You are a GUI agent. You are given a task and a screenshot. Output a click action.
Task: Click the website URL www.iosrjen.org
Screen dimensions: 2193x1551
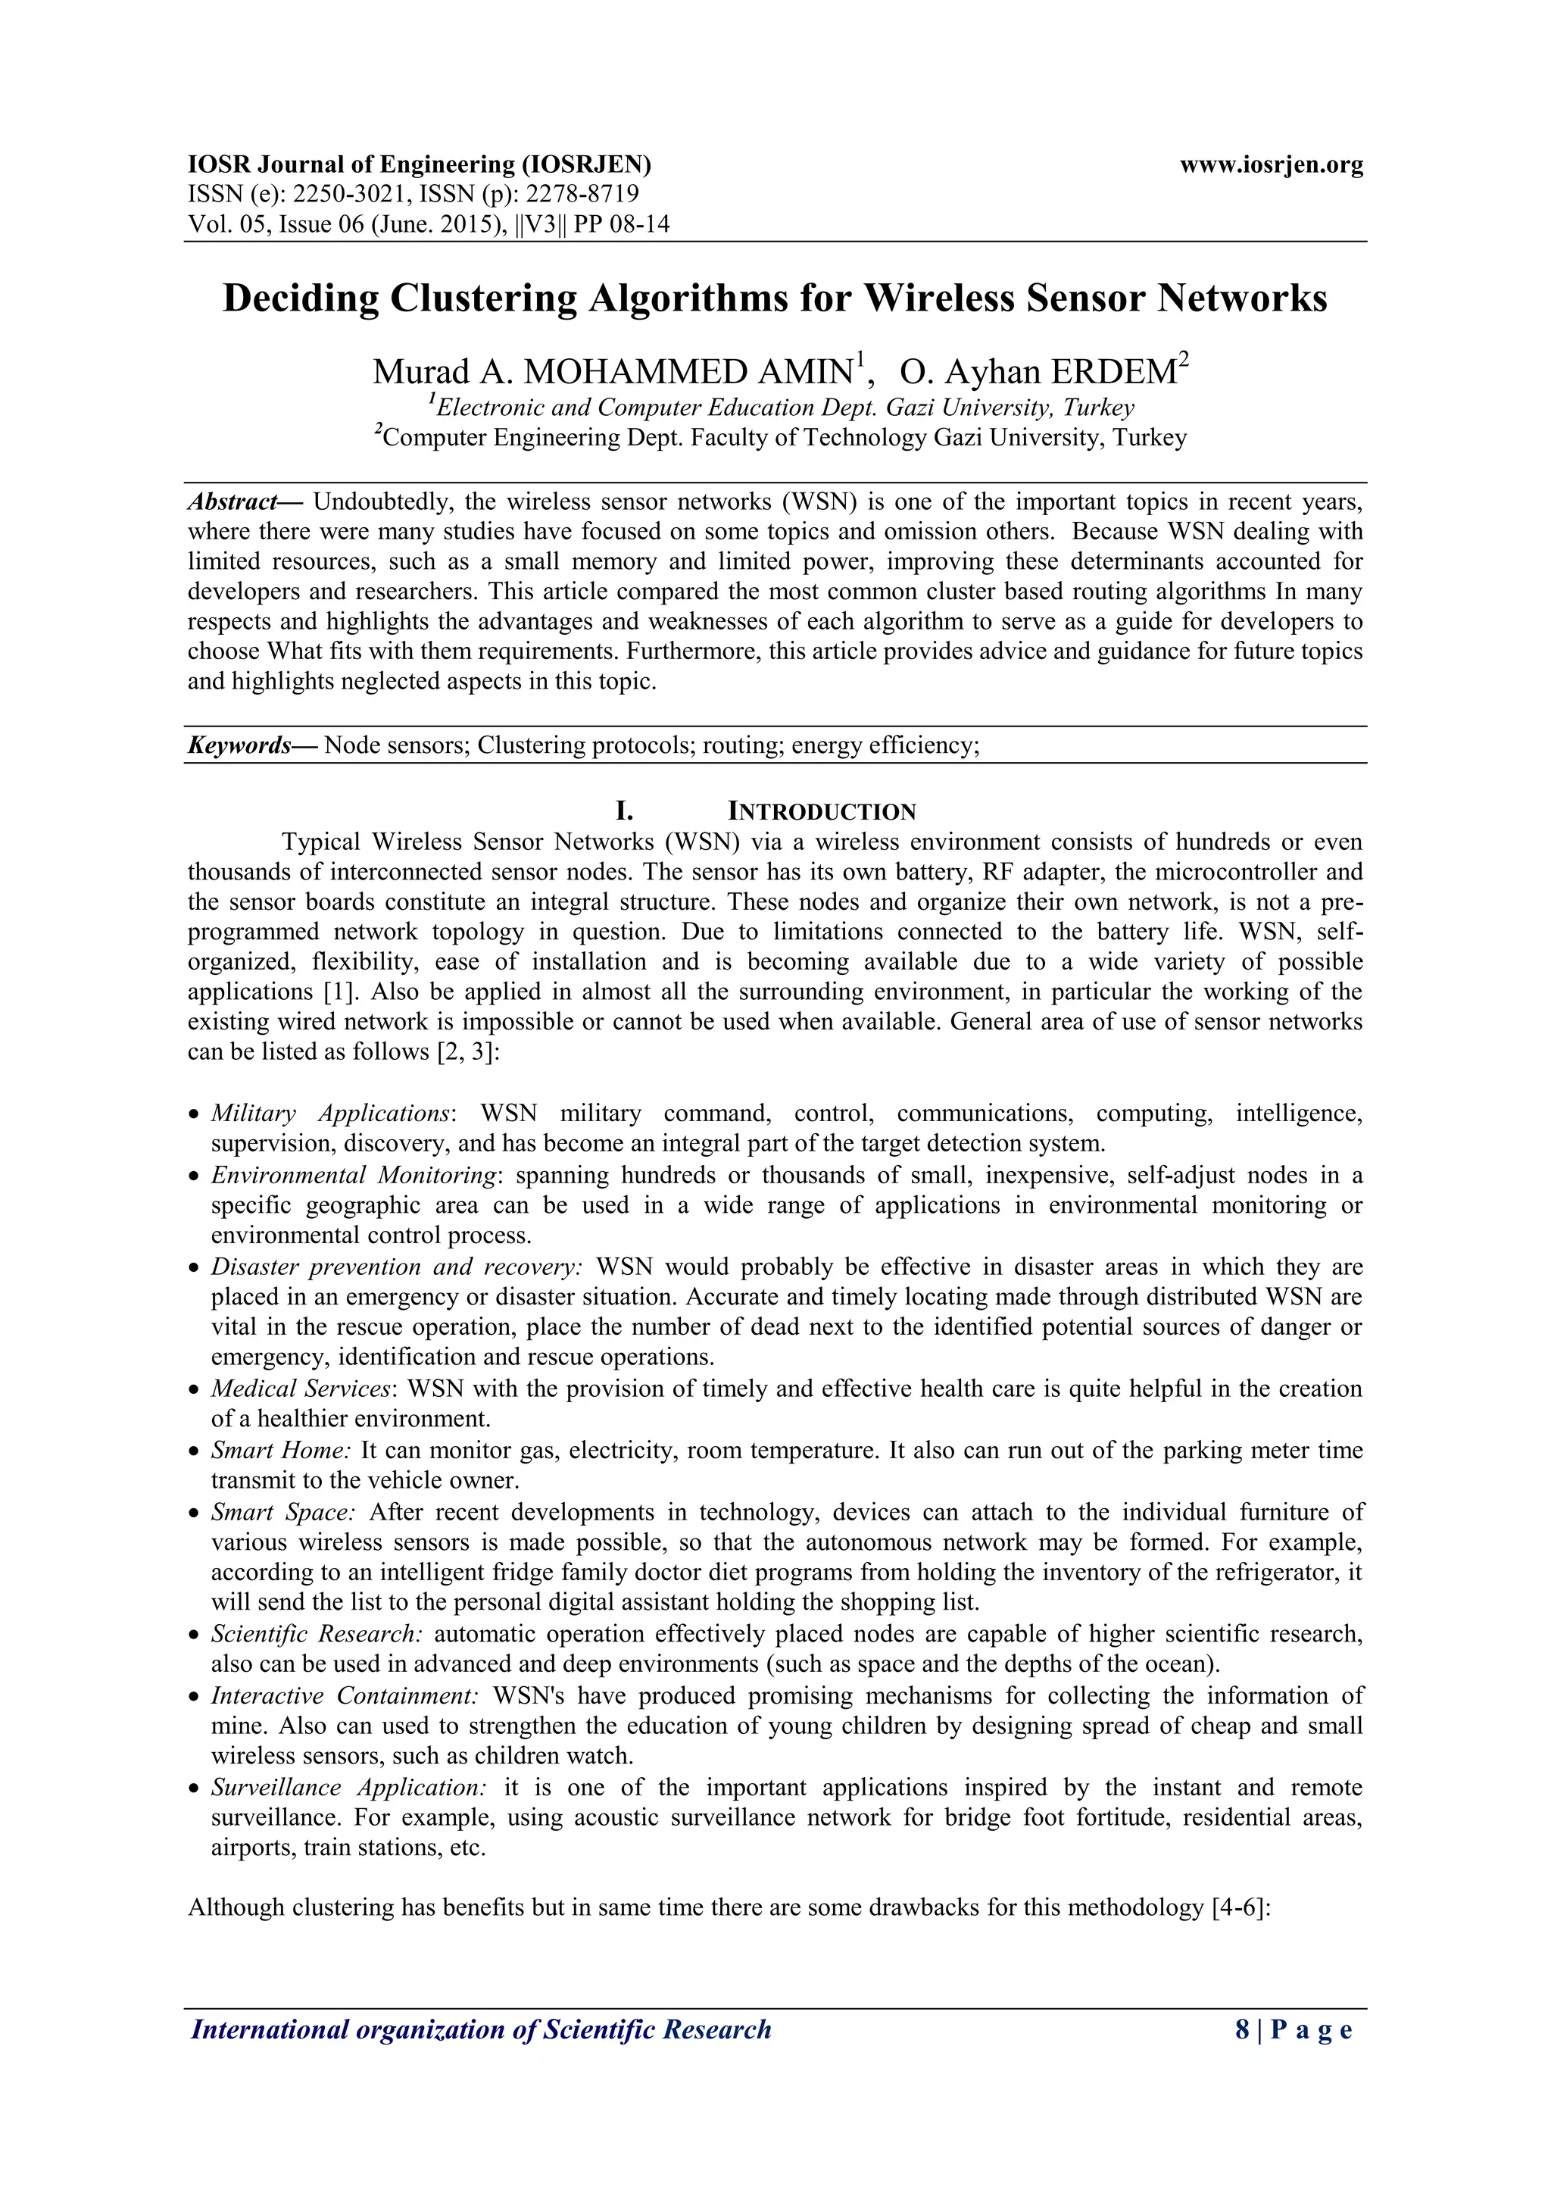pyautogui.click(x=1272, y=164)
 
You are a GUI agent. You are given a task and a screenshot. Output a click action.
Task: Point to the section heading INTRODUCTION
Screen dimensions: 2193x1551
pyautogui.click(x=822, y=812)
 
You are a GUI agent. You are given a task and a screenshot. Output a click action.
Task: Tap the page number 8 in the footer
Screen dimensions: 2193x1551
pyautogui.click(x=1241, y=2031)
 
